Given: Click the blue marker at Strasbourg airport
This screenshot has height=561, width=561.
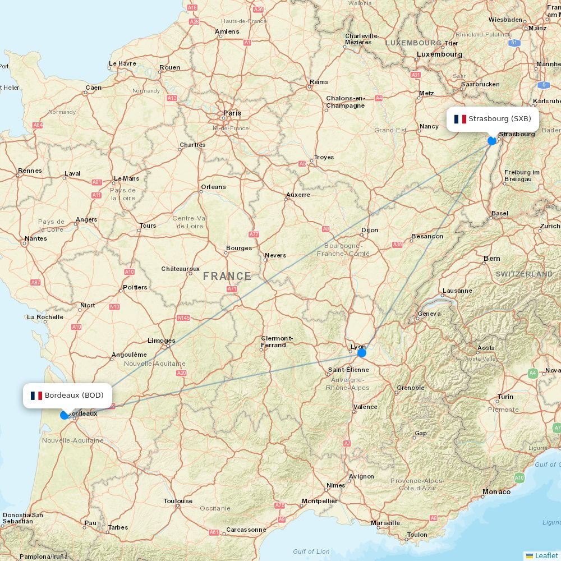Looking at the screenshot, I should [x=492, y=141].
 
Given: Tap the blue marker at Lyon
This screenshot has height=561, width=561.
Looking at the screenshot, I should [x=362, y=353].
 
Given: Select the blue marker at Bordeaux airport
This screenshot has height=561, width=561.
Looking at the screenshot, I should [x=65, y=415].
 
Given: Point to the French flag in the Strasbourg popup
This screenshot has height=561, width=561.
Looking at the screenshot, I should [x=460, y=119].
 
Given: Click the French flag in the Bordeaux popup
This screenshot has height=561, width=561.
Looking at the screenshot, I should [x=36, y=396].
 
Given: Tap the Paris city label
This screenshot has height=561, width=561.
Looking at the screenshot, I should [x=232, y=113].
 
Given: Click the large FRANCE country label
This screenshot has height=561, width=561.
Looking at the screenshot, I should [x=227, y=276].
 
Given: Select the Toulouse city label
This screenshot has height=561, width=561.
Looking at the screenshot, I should [x=178, y=501].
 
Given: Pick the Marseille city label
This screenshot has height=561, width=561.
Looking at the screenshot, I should [x=385, y=523].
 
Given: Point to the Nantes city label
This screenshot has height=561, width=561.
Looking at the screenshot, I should [x=36, y=238].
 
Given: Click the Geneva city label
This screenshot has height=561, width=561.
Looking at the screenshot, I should [x=429, y=314].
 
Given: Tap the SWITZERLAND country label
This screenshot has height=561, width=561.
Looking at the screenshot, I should [x=524, y=274].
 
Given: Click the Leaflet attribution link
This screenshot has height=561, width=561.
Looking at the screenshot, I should [x=546, y=555].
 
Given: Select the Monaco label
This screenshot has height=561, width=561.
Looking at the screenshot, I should [x=496, y=492].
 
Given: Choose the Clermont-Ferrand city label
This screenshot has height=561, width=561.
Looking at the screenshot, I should [x=277, y=342].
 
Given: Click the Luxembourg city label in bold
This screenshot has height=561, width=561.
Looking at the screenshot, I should [x=439, y=54].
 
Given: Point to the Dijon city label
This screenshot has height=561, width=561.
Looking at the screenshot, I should [x=370, y=230].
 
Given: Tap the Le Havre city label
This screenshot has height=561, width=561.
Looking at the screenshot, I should [x=122, y=63].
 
